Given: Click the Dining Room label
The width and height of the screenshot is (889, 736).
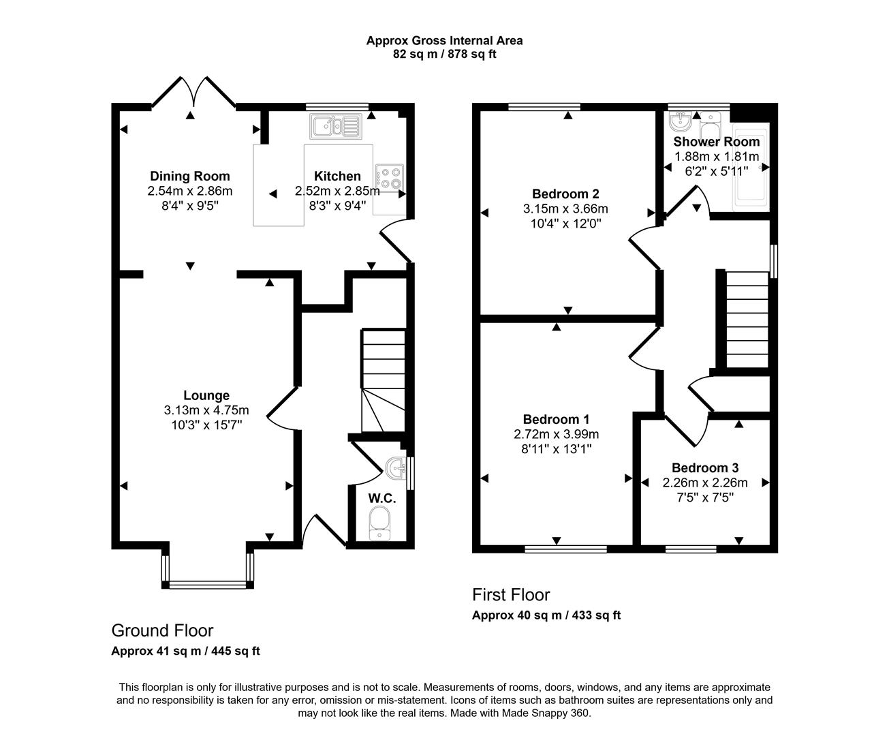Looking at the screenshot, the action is tap(190, 176).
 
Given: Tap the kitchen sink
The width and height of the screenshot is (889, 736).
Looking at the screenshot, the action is tap(336, 127).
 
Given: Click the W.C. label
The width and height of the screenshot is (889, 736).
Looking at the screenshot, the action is tap(382, 498).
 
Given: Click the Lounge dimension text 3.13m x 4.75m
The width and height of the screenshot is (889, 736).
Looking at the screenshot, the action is tap(206, 410).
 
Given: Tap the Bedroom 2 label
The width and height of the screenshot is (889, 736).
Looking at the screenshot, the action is tap(565, 194).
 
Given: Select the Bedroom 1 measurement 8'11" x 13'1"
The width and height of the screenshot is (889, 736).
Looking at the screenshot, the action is tap(557, 449).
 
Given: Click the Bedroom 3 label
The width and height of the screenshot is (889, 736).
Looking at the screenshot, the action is tap(705, 467).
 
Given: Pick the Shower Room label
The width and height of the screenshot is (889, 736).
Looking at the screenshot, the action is tap(717, 142).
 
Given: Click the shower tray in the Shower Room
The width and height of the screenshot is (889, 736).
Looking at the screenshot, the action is tap(751, 168).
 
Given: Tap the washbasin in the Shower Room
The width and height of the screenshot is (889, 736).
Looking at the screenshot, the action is tap(680, 121).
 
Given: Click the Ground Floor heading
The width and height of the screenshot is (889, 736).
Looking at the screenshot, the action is tap(162, 630).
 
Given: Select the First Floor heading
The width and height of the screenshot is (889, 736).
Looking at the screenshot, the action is tap(511, 594).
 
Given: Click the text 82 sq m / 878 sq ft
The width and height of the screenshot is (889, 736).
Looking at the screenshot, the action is tap(444, 54).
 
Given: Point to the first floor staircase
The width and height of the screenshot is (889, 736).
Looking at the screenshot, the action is tap(747, 320).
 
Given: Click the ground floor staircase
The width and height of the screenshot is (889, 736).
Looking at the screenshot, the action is tap(383, 380).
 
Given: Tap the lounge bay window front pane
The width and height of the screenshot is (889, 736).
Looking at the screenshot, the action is tap(208, 585).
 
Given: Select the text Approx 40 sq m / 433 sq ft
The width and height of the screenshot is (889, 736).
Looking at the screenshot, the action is tap(546, 615).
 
